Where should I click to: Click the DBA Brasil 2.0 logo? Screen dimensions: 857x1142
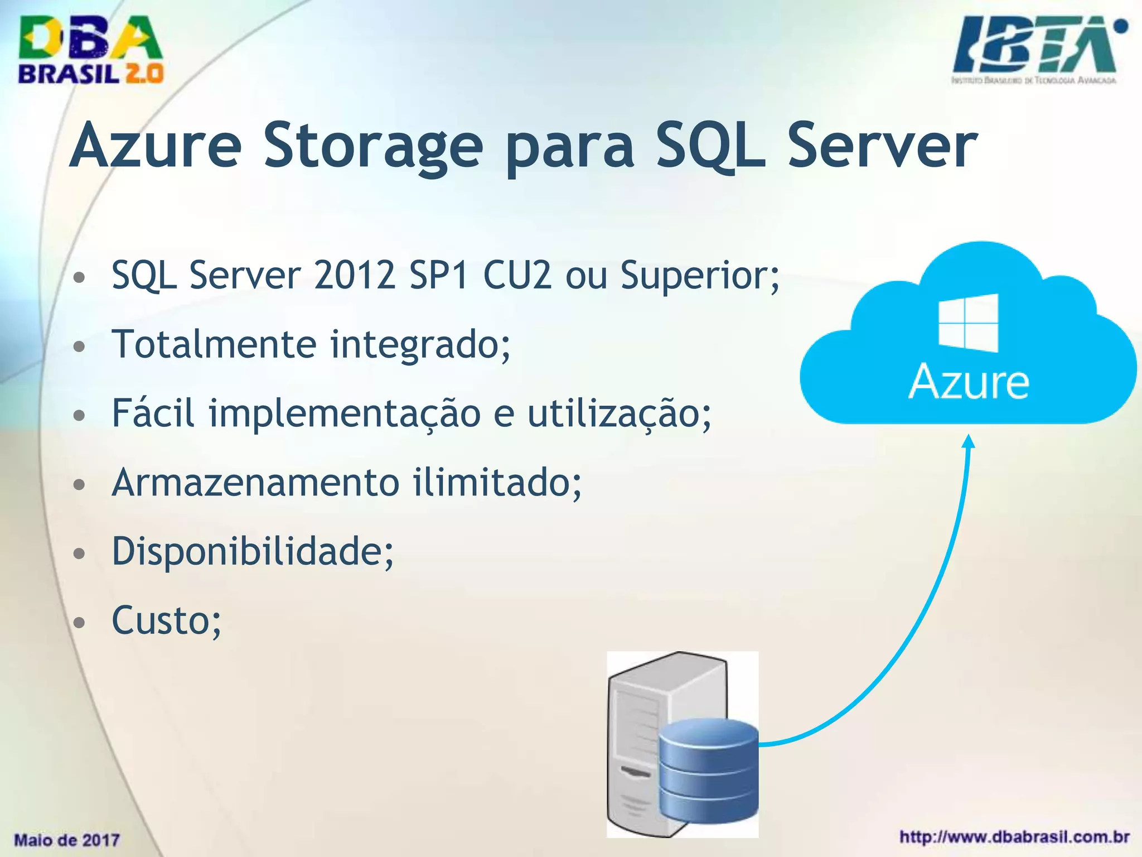[91, 50]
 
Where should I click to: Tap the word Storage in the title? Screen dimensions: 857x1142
[373, 146]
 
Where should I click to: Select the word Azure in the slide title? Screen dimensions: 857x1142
[156, 146]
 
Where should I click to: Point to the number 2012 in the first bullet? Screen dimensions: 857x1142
[355, 275]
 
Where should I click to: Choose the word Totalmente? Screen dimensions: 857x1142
[214, 344]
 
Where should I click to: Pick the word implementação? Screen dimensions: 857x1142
[345, 414]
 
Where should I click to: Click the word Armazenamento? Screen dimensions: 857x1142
[255, 483]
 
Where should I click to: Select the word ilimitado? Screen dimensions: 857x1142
[497, 483]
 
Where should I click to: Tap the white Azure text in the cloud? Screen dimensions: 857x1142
[969, 382]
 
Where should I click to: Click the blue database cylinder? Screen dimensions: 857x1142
[708, 770]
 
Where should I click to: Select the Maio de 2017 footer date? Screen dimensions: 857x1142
[67, 840]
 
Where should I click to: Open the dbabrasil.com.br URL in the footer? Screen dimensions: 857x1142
[1014, 837]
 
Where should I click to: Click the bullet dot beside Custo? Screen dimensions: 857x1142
[80, 622]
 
